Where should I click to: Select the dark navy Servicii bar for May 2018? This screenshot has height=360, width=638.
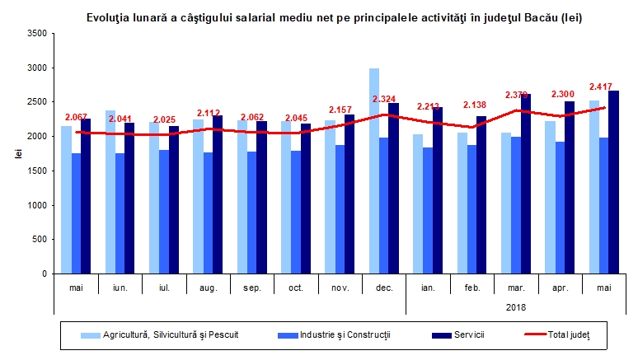(613, 182)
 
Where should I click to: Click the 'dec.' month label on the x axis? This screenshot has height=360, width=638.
(384, 287)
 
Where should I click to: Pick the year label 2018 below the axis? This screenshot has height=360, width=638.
(516, 306)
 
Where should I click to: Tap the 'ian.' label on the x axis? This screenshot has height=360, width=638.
(428, 287)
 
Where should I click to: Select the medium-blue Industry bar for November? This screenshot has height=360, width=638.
(340, 209)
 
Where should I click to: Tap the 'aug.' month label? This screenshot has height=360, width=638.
(208, 287)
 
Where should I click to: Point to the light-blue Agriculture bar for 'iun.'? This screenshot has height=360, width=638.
(110, 192)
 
